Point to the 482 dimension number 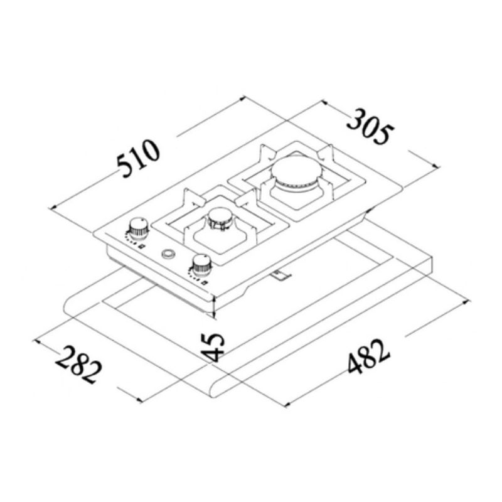pyautogui.click(x=369, y=358)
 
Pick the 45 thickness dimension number pyautogui.click(x=214, y=347)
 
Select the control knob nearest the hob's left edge pyautogui.click(x=139, y=228)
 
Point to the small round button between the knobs pyautogui.click(x=168, y=254)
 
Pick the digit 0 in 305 pyautogui.click(x=371, y=127)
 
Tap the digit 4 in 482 pyautogui.click(x=355, y=367)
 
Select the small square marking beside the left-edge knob pyautogui.click(x=142, y=247)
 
